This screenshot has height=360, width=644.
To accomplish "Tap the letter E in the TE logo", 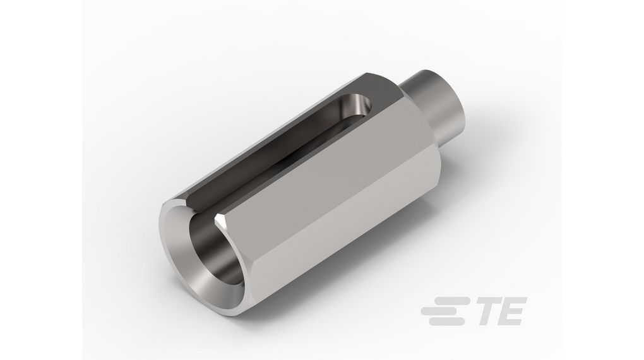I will tap(510, 313).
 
